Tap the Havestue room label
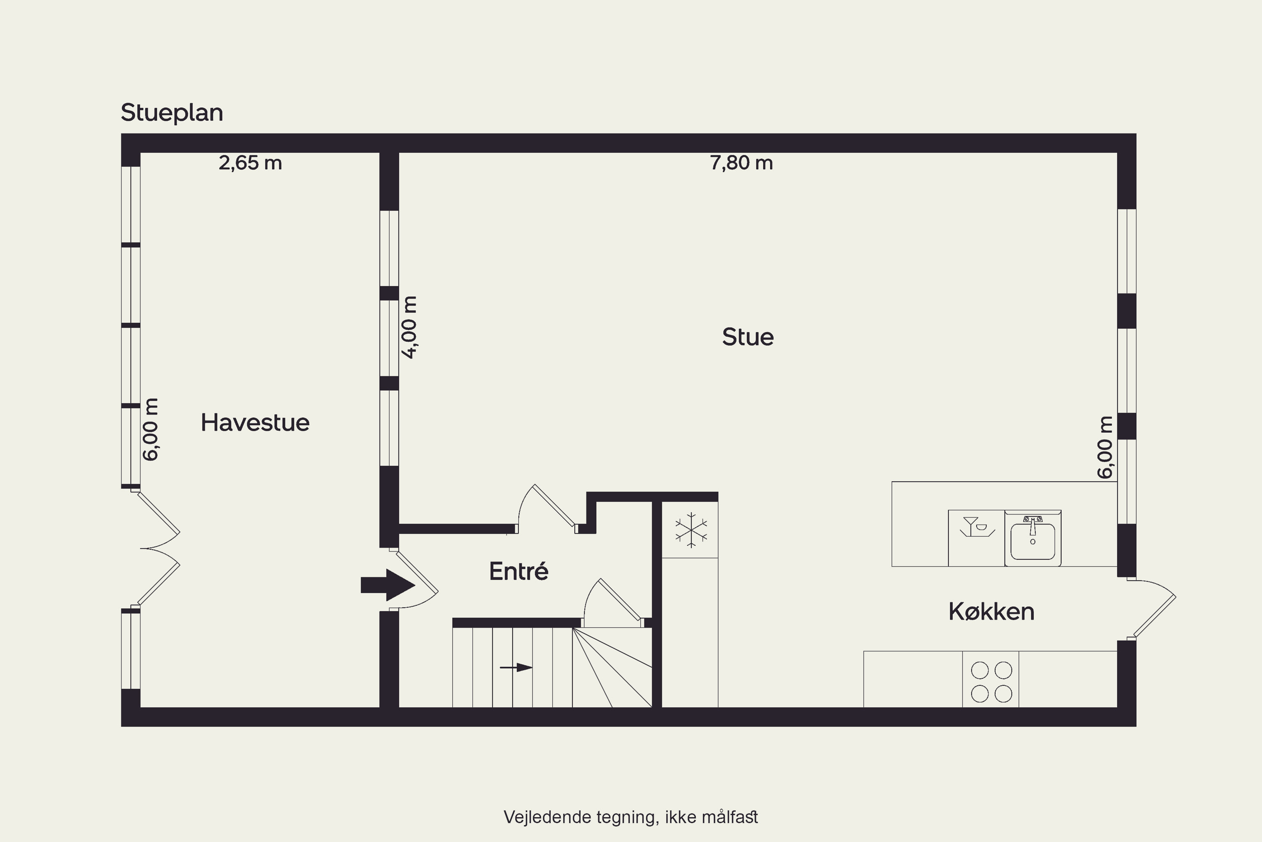point(255,423)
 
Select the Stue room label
point(748,337)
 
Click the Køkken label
point(991,612)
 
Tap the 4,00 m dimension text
point(409,327)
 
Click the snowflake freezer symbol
point(691,530)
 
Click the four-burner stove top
point(991,682)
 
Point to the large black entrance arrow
point(387,585)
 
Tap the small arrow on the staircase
point(516,667)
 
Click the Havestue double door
point(159,548)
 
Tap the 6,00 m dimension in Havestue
point(151,429)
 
